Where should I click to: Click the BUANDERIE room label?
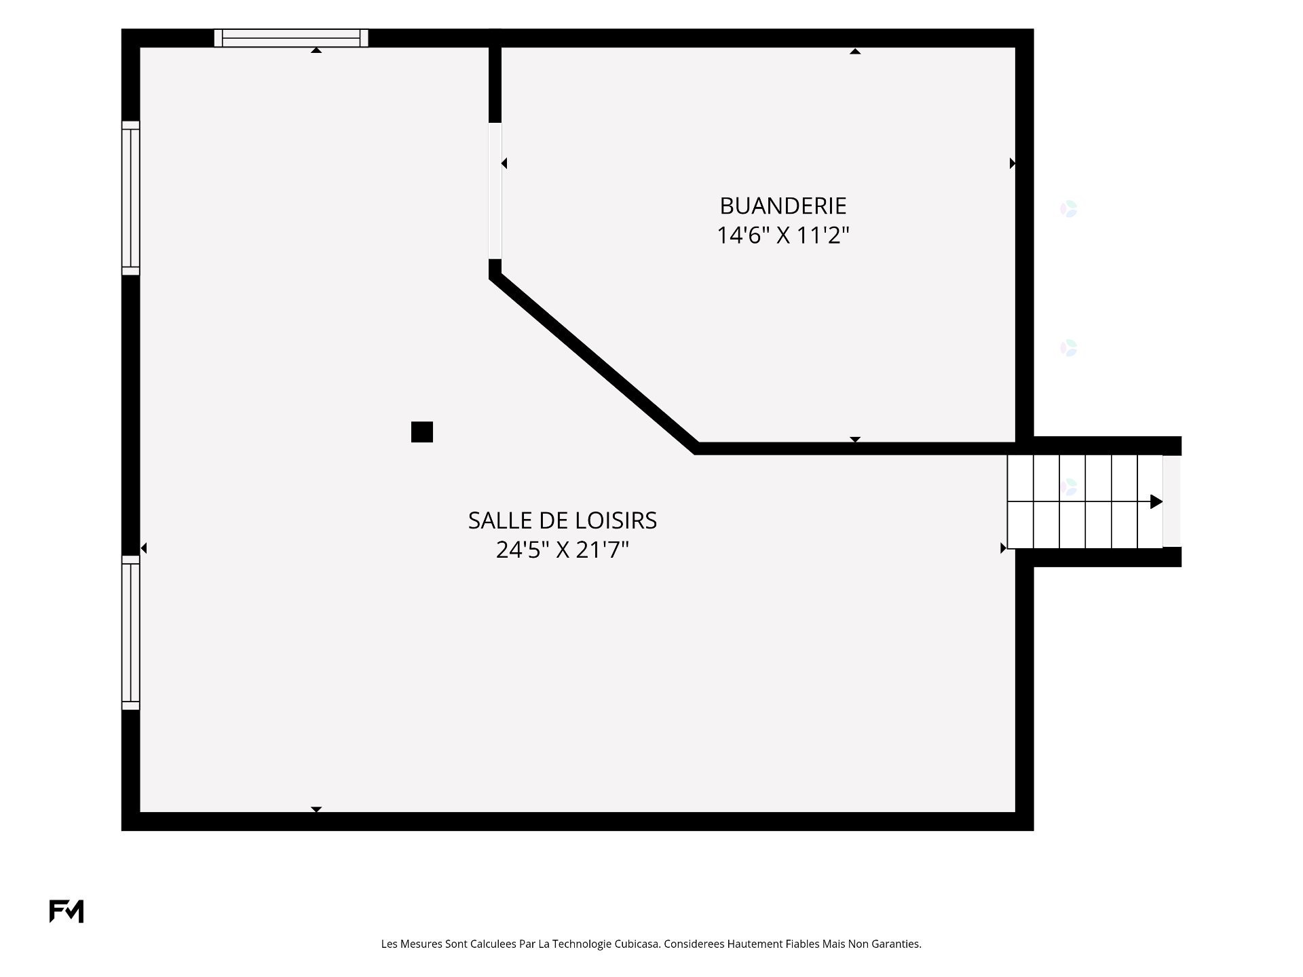(x=783, y=206)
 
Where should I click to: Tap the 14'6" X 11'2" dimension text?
(x=783, y=235)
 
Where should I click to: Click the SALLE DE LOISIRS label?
(x=563, y=520)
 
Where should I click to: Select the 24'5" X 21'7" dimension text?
(x=563, y=550)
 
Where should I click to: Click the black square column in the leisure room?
(x=422, y=432)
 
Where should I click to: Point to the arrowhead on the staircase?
(x=1156, y=502)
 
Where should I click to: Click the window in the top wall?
(x=291, y=38)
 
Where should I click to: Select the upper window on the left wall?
(x=131, y=198)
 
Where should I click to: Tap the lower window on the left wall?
(x=131, y=633)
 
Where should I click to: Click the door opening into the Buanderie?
(x=495, y=191)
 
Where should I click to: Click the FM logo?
(x=67, y=911)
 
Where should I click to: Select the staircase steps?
(x=1084, y=501)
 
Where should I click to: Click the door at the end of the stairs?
(x=1172, y=501)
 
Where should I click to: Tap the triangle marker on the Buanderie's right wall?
(x=1013, y=164)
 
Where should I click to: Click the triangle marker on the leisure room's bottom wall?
(x=316, y=809)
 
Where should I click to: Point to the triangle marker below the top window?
(x=316, y=50)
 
